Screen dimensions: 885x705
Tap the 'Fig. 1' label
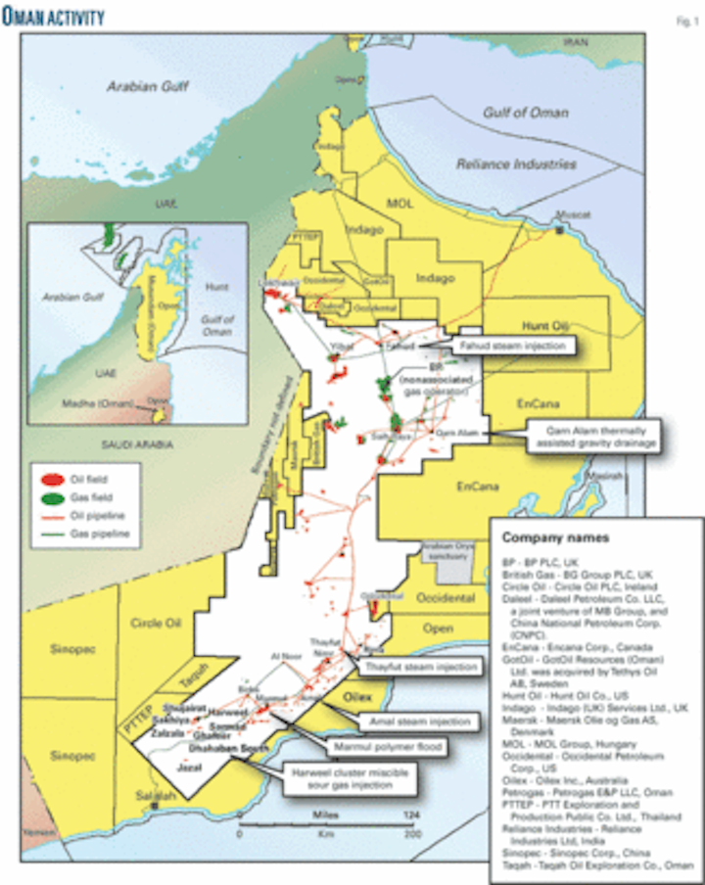(683, 17)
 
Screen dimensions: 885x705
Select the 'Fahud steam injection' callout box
(512, 345)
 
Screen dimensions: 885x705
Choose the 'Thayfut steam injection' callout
(431, 668)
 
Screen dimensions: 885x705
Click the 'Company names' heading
(555, 537)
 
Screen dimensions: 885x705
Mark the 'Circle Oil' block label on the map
(154, 621)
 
